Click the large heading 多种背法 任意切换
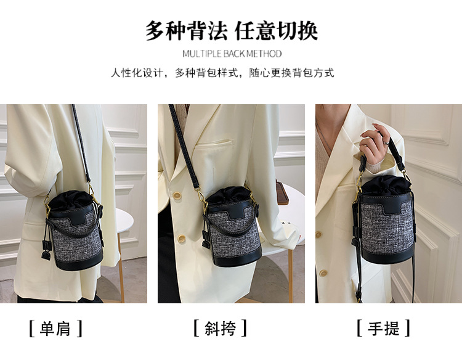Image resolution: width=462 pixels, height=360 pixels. point(232,30)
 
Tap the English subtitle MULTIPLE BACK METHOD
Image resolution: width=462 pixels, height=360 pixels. point(232,54)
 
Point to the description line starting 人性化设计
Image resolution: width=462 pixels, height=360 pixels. point(222,73)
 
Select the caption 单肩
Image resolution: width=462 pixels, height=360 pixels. point(55,328)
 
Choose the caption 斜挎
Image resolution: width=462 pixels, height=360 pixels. point(220,328)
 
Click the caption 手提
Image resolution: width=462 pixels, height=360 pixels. point(383,328)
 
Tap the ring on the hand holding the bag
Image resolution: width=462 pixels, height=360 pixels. point(386,142)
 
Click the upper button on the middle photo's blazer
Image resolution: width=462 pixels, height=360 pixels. point(177,196)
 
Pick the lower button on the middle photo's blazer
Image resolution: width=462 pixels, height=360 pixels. point(181,239)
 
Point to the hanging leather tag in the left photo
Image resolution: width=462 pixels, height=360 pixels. point(46,250)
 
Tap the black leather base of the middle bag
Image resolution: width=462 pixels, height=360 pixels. point(238,259)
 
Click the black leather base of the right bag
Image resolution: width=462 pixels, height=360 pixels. point(387,255)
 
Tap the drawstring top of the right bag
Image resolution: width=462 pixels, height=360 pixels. point(386,184)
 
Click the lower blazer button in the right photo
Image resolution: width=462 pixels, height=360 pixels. point(323,272)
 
